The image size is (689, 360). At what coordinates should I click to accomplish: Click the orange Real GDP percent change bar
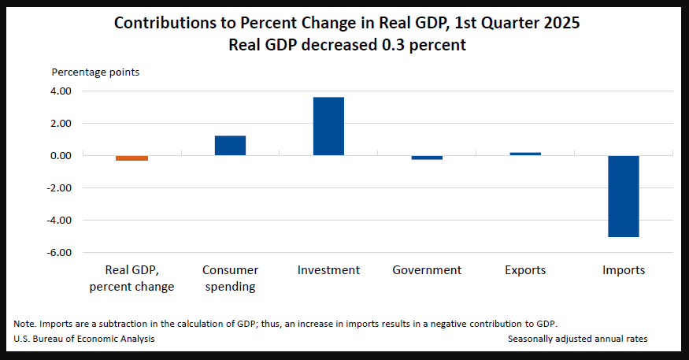(132, 158)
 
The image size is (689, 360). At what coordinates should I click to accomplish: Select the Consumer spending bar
(230, 146)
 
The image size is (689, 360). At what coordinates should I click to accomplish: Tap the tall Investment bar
(328, 126)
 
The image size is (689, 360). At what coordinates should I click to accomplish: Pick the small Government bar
(427, 158)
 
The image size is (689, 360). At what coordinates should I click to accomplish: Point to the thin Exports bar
(525, 154)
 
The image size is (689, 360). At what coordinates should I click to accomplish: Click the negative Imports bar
(624, 196)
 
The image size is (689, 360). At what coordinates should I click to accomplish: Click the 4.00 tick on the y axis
(60, 91)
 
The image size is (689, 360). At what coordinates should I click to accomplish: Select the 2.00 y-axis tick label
(60, 124)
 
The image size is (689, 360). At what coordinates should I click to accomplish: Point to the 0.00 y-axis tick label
(60, 156)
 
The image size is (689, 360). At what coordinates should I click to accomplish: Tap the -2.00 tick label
(58, 188)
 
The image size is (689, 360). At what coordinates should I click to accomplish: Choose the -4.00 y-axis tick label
(58, 221)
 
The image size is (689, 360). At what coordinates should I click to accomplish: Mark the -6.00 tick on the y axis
(58, 253)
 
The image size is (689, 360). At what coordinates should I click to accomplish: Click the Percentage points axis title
(95, 72)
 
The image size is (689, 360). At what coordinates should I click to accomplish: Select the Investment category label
(328, 270)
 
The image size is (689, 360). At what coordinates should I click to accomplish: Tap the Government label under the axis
(427, 270)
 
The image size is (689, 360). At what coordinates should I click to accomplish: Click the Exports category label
(525, 270)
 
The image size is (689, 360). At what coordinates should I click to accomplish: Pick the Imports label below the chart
(624, 270)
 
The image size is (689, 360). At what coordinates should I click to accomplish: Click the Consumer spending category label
(230, 278)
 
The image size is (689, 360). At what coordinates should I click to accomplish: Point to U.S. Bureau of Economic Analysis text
(84, 339)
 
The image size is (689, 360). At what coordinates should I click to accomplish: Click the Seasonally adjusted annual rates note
(577, 339)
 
